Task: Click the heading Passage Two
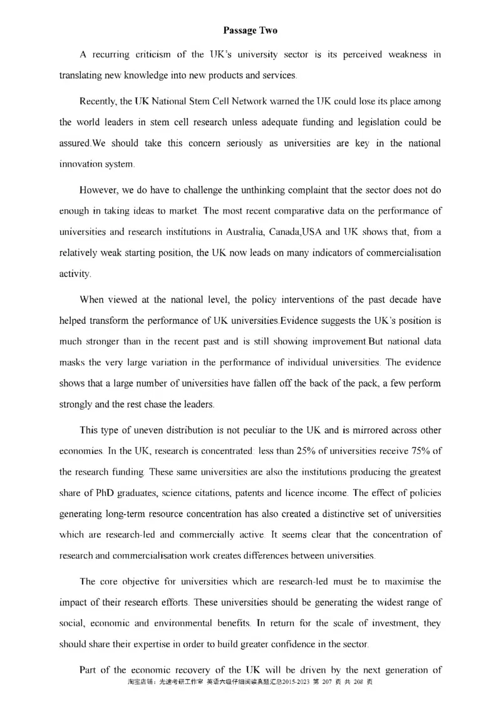point(250,30)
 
